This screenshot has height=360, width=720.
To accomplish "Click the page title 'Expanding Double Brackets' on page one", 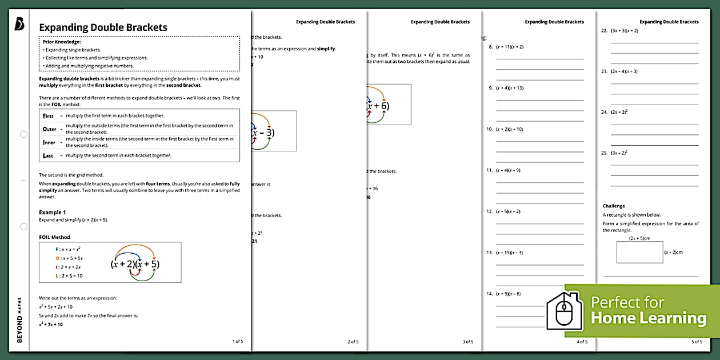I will pos(103,27).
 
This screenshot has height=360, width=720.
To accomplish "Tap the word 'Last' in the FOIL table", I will pos(49,155).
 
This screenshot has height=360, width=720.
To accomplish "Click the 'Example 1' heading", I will pos(52,213).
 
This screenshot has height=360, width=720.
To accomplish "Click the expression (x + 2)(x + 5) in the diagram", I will pos(135,264).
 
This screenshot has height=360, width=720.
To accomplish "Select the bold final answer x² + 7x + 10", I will pos(51,325).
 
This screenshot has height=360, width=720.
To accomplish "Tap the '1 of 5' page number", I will pos(238,341).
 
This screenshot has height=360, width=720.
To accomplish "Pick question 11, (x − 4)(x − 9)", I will pos(508,170).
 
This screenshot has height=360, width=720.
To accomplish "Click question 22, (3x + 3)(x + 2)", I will pos(624,30).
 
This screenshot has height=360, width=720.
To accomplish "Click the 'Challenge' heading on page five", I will pos(614,206).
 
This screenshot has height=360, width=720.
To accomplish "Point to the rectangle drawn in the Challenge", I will pos(639,252).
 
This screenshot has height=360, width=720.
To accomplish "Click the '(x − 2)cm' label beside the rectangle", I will pos(673,252).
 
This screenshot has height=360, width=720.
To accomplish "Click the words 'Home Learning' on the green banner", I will pos(649,318).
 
